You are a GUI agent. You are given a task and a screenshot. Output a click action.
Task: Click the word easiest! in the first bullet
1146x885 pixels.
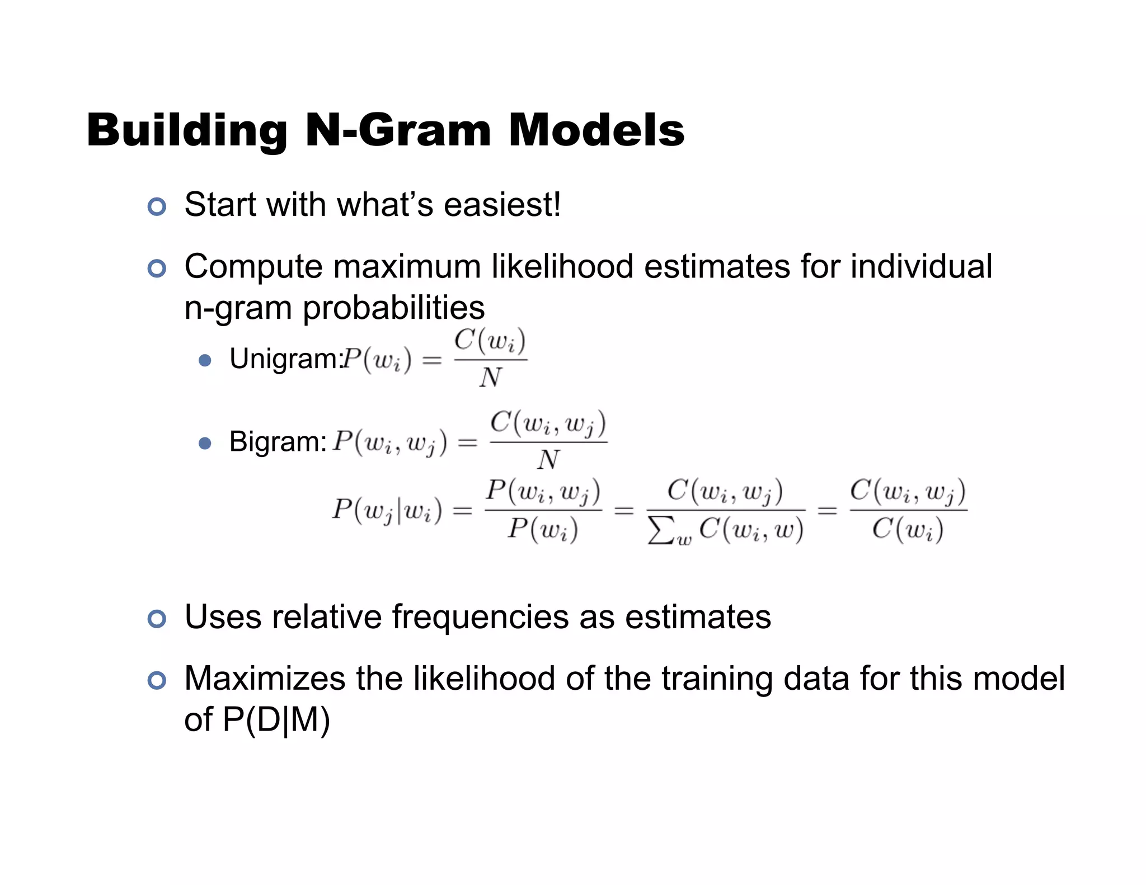[502, 205]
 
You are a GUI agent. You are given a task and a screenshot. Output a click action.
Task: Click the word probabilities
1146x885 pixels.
[393, 308]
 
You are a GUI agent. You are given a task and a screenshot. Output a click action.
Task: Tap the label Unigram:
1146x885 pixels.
[285, 359]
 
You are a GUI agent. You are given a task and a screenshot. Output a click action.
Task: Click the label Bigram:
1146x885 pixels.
[278, 442]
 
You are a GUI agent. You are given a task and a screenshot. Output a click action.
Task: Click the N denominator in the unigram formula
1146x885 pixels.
[490, 378]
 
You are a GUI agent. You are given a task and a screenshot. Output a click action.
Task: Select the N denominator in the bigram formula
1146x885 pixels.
[548, 460]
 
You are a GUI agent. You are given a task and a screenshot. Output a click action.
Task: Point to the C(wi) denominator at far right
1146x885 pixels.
[908, 529]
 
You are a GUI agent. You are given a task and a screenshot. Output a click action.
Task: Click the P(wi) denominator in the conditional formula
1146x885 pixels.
[542, 529]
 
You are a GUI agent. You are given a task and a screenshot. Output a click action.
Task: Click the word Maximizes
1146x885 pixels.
[265, 679]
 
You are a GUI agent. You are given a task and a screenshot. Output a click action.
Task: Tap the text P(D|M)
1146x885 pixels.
[276, 719]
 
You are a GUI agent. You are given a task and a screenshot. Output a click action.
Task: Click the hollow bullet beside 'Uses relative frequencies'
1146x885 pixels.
[157, 619]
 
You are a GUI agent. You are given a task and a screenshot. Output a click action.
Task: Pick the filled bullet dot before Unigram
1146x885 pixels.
[205, 360]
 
